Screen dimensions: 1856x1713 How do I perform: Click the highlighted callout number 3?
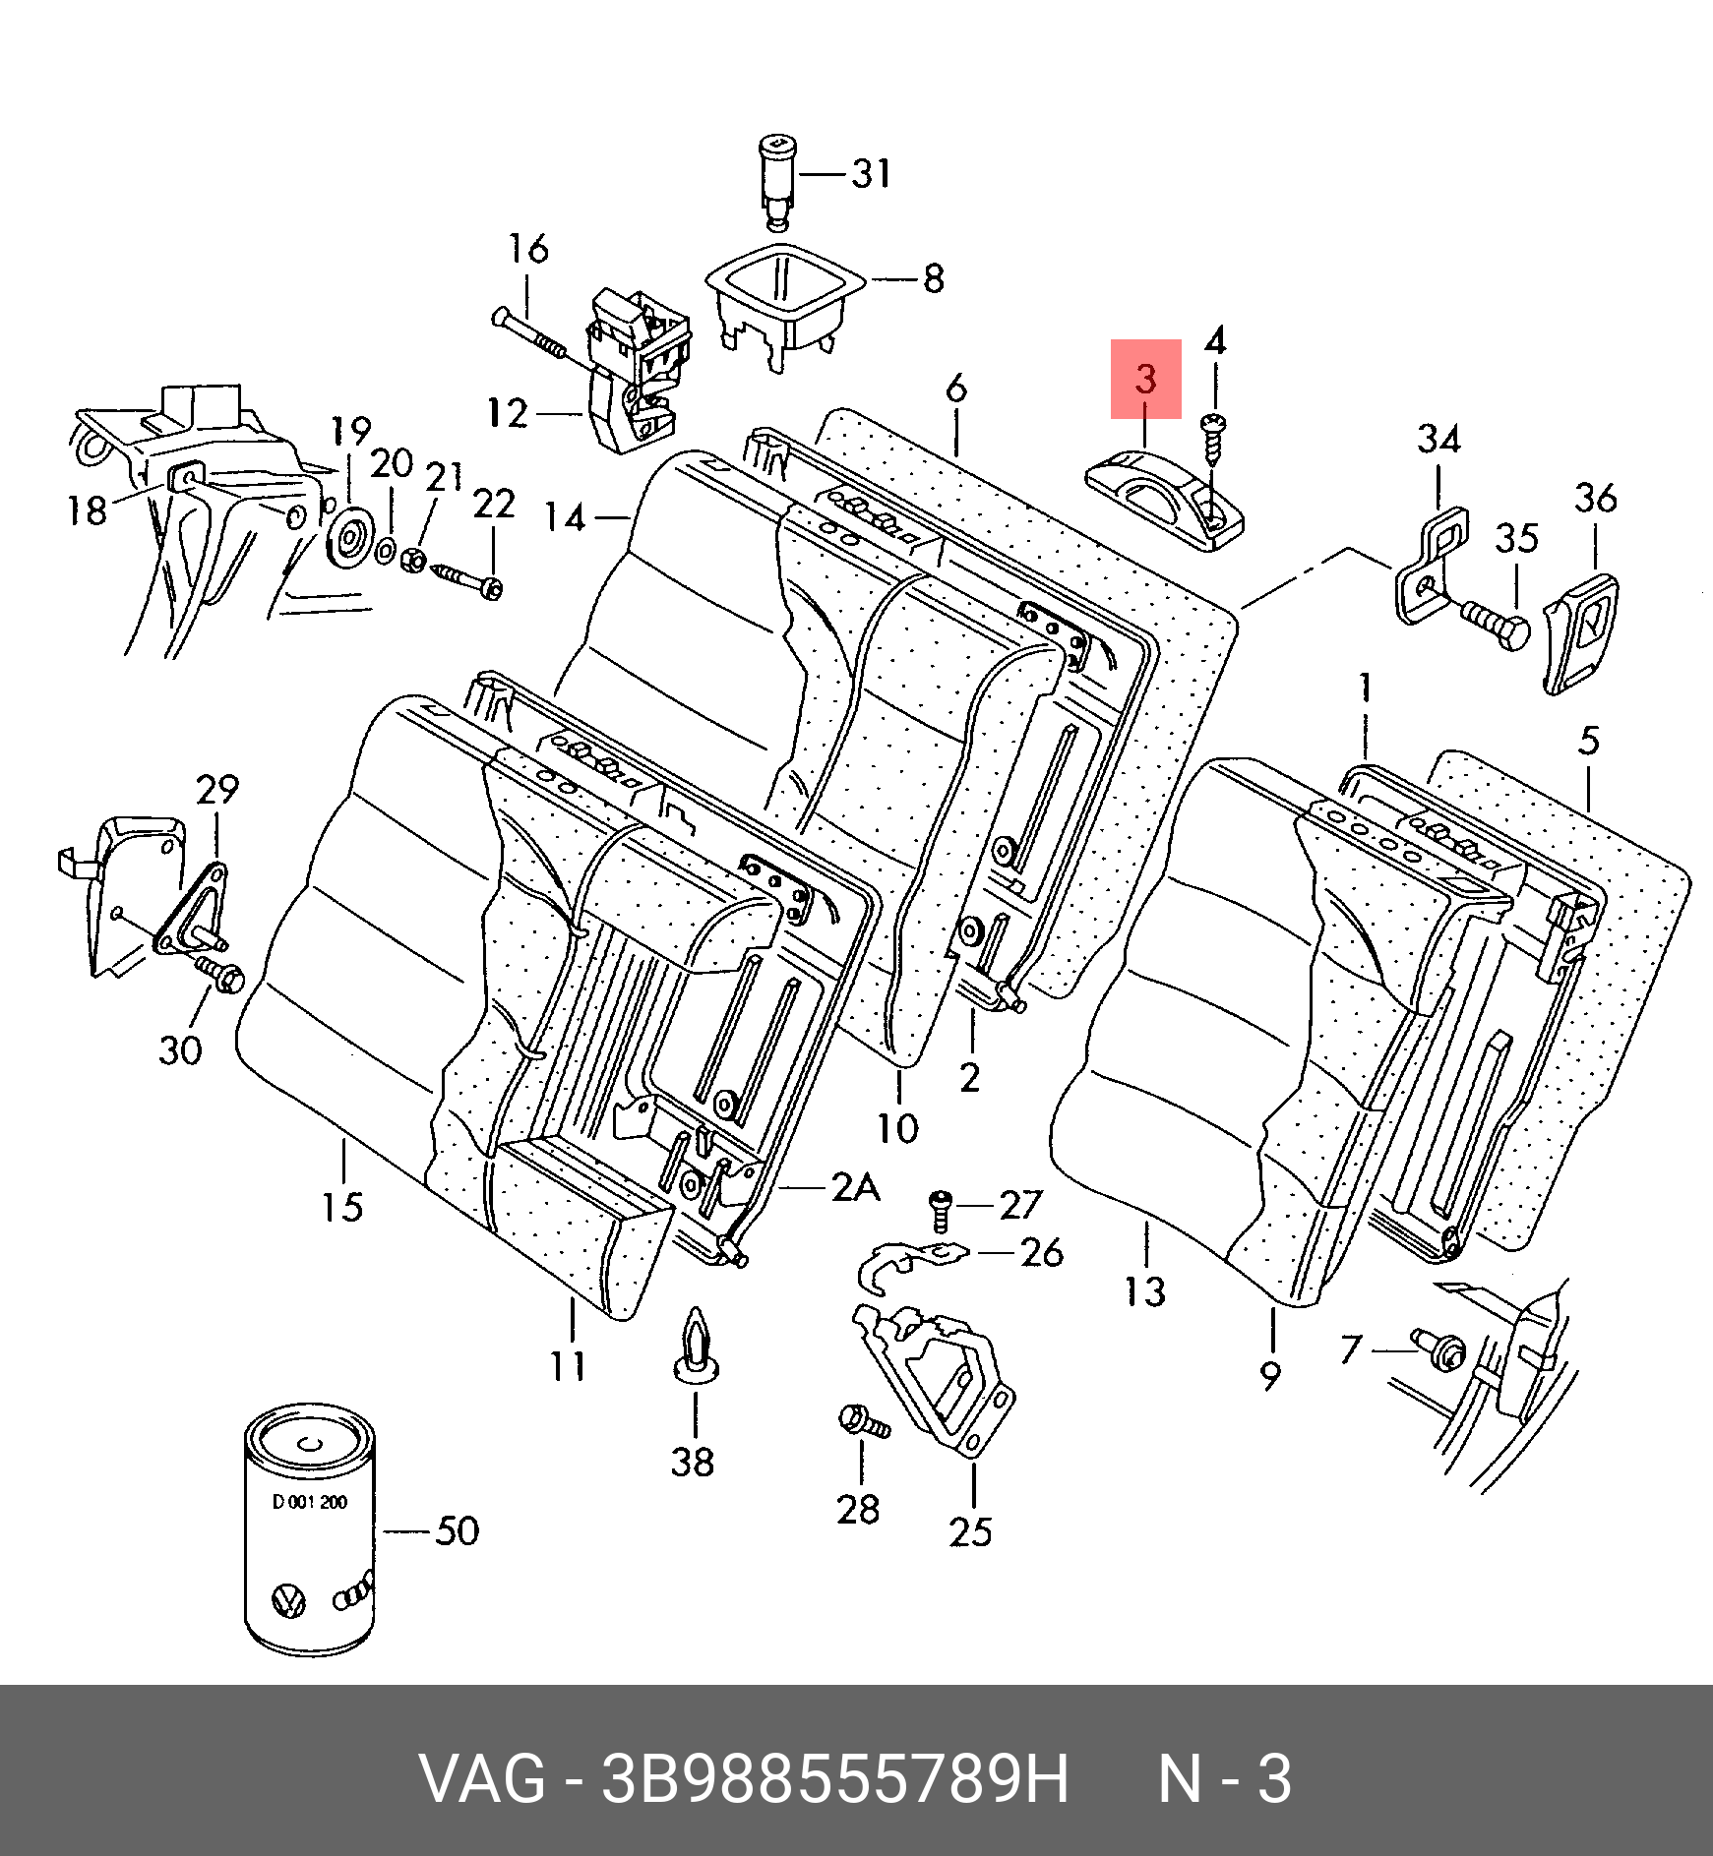tap(1145, 380)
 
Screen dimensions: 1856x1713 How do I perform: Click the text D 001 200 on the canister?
tap(309, 1502)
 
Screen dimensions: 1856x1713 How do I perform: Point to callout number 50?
tap(458, 1531)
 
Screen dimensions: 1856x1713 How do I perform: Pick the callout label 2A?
tap(855, 1188)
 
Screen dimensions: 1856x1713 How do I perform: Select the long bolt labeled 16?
tap(531, 333)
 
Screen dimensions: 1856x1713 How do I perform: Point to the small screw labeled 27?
tap(940, 1210)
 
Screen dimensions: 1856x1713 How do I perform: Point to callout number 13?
tap(1145, 1291)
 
